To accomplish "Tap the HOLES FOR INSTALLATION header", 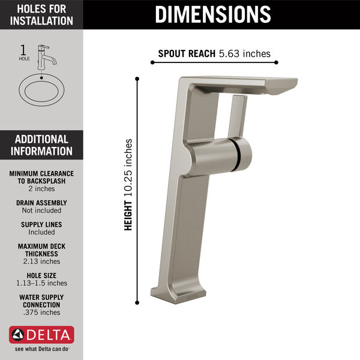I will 41,14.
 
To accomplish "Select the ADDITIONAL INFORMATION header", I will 41,145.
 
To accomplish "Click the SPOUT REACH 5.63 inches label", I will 214,53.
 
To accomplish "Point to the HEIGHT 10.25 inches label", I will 128,185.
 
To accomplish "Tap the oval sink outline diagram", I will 41,91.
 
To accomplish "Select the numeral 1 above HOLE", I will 24,50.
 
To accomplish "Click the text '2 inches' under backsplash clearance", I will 41,188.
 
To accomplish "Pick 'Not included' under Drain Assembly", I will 41,211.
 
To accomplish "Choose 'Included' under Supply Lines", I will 41,232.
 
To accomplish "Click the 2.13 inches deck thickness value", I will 41,261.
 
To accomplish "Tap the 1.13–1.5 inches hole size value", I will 41,283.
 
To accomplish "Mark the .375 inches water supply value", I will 41,312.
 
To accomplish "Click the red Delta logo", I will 41,334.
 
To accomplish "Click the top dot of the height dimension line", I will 137,79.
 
